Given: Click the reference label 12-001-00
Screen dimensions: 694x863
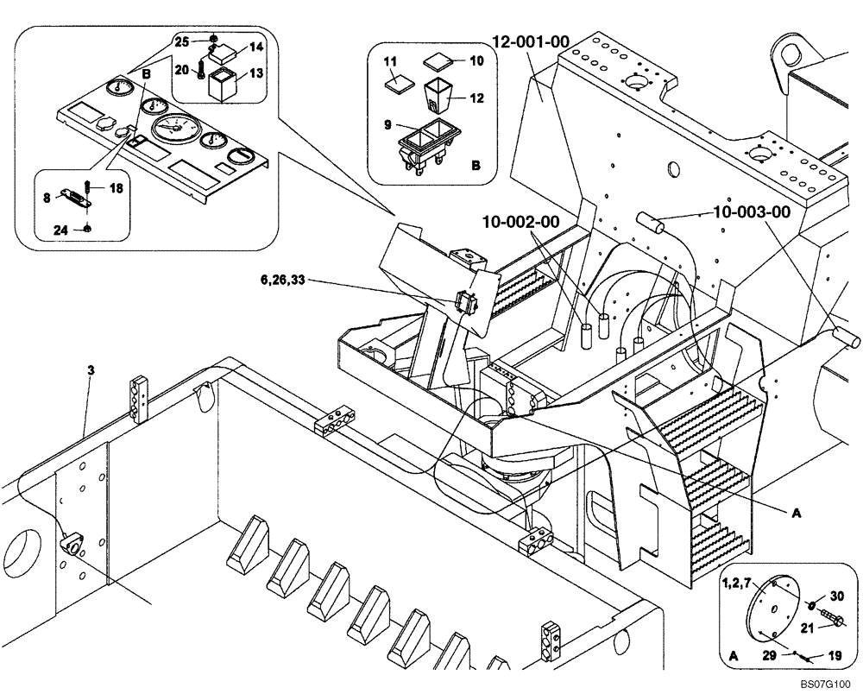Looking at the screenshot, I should pos(532,41).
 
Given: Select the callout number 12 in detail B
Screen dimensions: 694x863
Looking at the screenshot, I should pos(476,98).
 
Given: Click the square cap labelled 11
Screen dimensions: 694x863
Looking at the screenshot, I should pos(399,85).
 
